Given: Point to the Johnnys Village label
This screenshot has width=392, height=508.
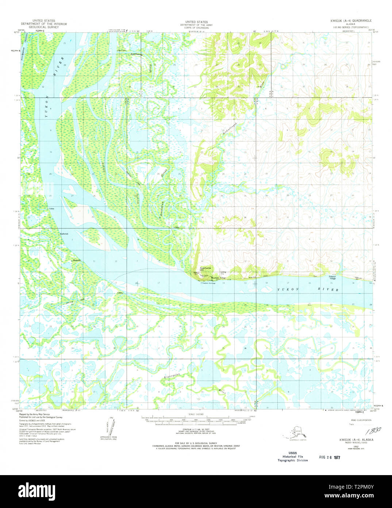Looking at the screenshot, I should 330,277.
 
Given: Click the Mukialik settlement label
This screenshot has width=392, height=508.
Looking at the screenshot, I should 76,260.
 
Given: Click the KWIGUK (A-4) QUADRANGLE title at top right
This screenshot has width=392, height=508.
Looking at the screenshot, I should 351,21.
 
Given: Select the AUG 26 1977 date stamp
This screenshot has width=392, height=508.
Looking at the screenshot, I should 329,457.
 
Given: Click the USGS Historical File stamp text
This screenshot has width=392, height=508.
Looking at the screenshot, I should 292,456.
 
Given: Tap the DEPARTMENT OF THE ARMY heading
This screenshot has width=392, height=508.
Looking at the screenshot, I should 197,25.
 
